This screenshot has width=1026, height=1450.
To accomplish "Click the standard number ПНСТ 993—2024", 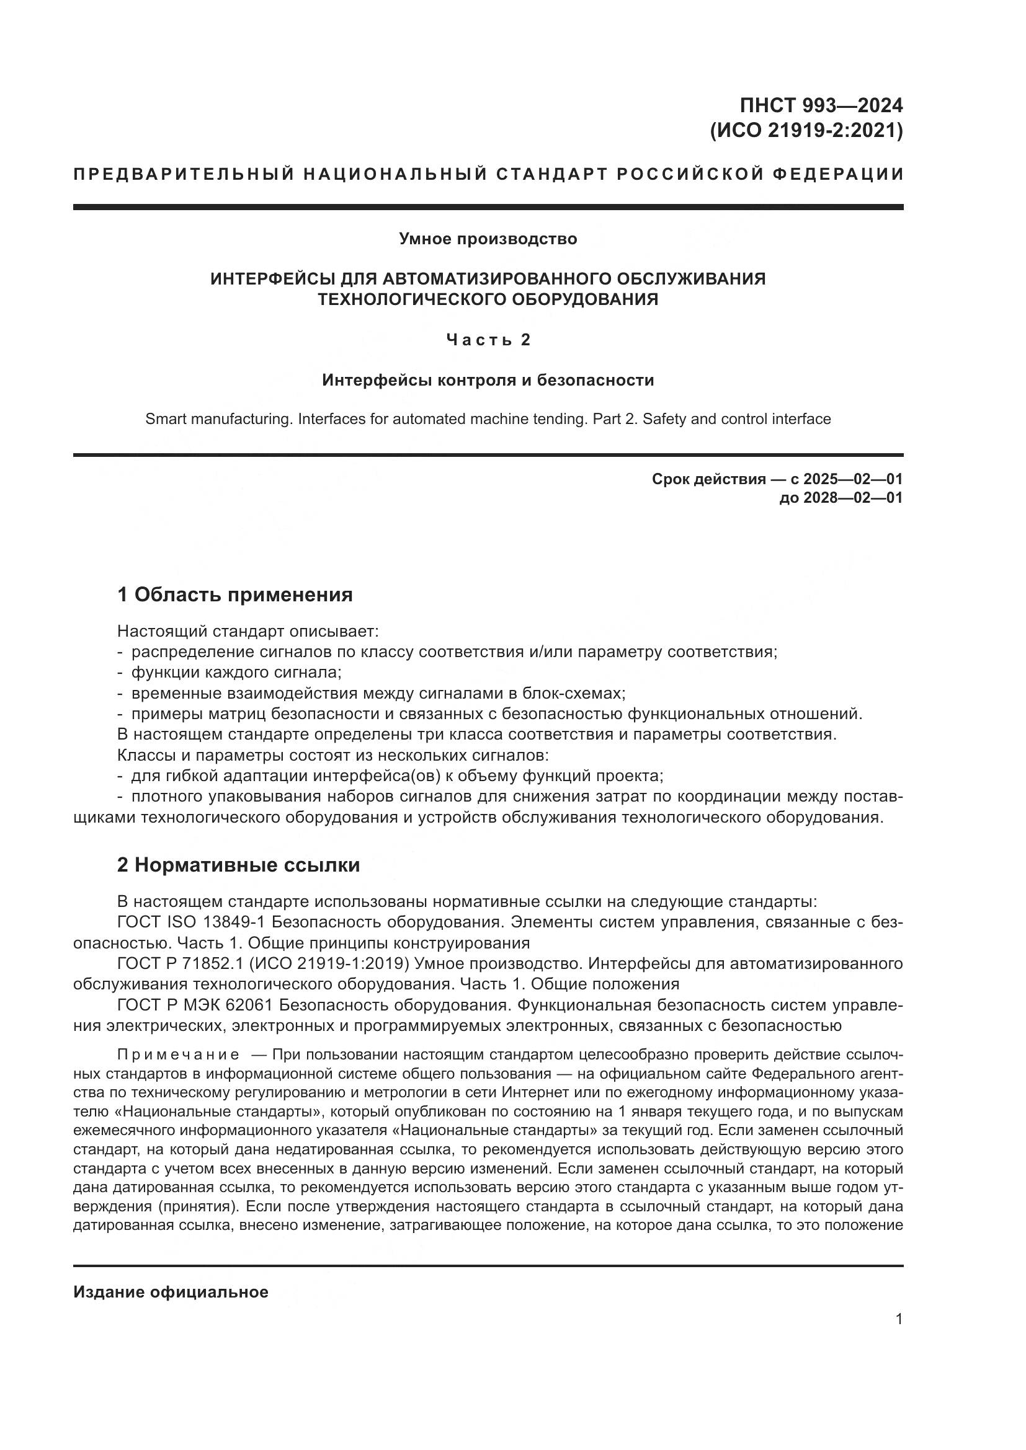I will [x=821, y=105].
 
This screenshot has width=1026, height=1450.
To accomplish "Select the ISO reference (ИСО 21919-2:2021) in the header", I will [x=807, y=131].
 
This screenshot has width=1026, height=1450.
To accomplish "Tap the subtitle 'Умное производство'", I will [x=488, y=239].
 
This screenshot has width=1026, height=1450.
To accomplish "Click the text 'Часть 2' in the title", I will [x=488, y=340].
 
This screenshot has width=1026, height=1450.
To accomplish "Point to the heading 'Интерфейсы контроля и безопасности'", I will [x=488, y=380].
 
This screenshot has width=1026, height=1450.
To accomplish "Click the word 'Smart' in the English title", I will [x=165, y=418].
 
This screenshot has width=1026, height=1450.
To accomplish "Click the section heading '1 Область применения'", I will [x=234, y=595].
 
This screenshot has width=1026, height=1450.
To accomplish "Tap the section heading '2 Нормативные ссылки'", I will [x=238, y=865].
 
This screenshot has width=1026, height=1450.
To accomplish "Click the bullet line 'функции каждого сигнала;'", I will [x=236, y=672].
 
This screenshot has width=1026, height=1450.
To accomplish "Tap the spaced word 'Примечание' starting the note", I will [x=178, y=1054].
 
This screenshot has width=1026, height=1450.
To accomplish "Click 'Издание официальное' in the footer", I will [x=171, y=1292].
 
